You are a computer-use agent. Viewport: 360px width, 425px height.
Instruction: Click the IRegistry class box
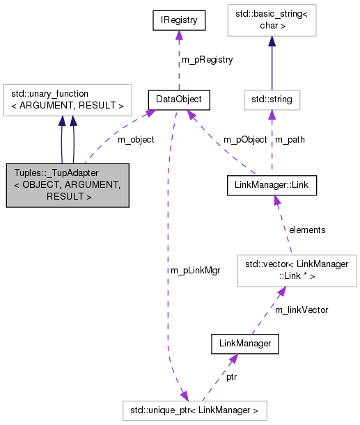pyautogui.click(x=180, y=21)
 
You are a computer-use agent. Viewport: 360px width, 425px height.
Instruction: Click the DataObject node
pyautogui.click(x=180, y=99)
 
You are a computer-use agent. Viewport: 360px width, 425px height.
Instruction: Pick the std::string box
pyautogui.click(x=271, y=99)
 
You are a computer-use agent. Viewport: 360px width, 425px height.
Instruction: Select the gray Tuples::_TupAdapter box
pyautogui.click(x=67, y=185)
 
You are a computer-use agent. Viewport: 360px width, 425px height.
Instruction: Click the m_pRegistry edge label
pyautogui.click(x=207, y=60)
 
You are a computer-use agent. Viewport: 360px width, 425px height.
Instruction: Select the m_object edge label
pyautogui.click(x=136, y=139)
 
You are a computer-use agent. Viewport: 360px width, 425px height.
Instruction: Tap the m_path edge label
pyautogui.click(x=290, y=139)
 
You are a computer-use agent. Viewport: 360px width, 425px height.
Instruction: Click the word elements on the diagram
pyautogui.click(x=307, y=229)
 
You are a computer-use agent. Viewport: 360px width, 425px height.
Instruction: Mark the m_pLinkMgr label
pyautogui.click(x=194, y=270)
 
